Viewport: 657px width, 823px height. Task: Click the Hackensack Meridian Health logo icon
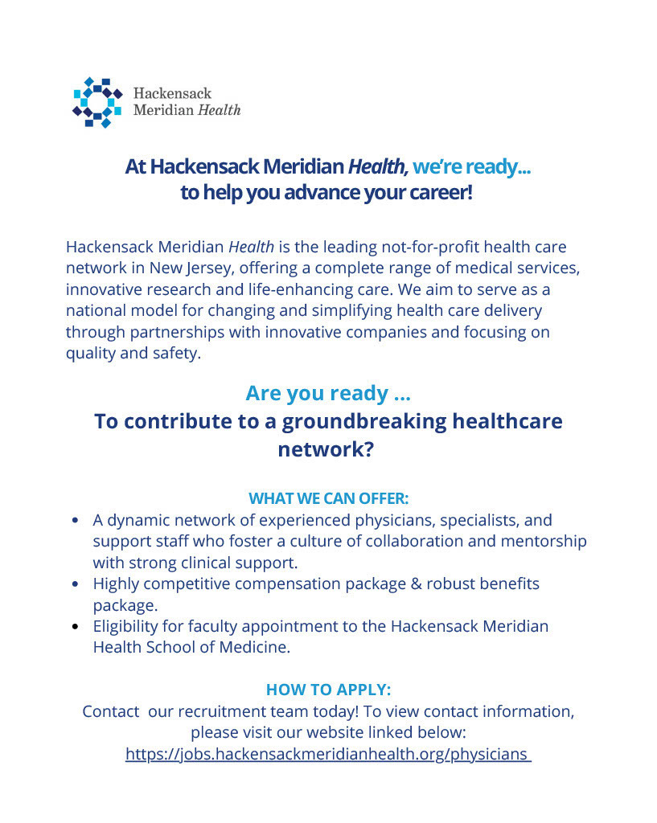(97, 102)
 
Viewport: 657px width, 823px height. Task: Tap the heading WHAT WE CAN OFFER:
(328, 498)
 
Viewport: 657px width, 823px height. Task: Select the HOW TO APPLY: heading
(328, 690)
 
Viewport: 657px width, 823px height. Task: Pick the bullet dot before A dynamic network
(75, 521)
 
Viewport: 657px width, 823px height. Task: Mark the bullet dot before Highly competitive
(75, 583)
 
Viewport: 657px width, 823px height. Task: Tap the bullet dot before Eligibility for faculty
(75, 626)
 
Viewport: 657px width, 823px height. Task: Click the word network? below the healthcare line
(326, 449)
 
